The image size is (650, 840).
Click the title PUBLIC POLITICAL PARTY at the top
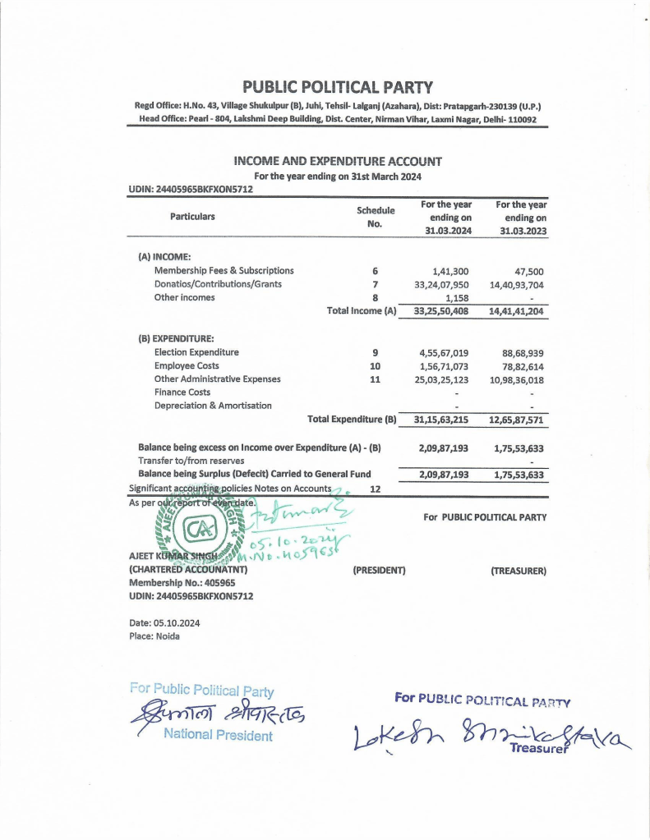coord(337,87)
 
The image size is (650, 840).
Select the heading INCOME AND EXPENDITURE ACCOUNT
coord(338,161)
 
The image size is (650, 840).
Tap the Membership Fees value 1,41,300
coord(450,271)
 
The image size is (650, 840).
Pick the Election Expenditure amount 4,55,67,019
coord(444,352)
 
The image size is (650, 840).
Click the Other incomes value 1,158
coord(457,298)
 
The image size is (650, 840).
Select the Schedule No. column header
coord(375,217)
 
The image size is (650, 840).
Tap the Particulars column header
coord(192,216)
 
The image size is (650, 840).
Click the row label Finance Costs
coord(182,392)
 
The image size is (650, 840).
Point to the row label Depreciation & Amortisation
coord(213,406)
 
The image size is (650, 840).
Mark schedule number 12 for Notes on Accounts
coord(376,489)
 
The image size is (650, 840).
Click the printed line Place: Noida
coord(154,636)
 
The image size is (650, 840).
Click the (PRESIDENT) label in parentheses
coord(380,570)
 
